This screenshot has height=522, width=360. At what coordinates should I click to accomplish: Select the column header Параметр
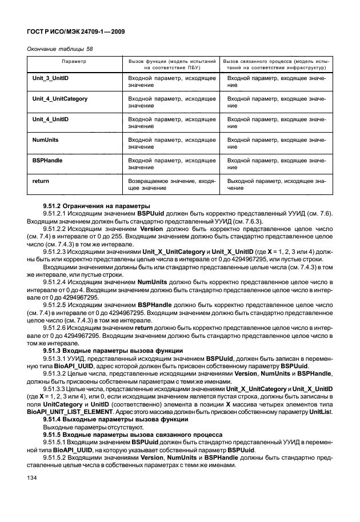click(x=74, y=60)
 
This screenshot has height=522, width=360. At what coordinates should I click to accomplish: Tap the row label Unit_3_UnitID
click(x=51, y=78)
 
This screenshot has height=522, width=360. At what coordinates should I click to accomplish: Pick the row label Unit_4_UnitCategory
click(x=60, y=99)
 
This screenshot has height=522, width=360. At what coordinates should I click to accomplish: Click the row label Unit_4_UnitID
click(x=51, y=119)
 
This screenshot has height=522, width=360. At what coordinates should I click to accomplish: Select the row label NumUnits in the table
click(x=45, y=140)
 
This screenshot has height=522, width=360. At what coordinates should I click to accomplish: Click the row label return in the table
click(x=41, y=181)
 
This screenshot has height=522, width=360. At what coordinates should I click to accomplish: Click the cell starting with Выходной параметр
click(x=277, y=185)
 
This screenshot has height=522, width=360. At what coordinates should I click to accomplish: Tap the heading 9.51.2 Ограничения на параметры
click(x=89, y=205)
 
